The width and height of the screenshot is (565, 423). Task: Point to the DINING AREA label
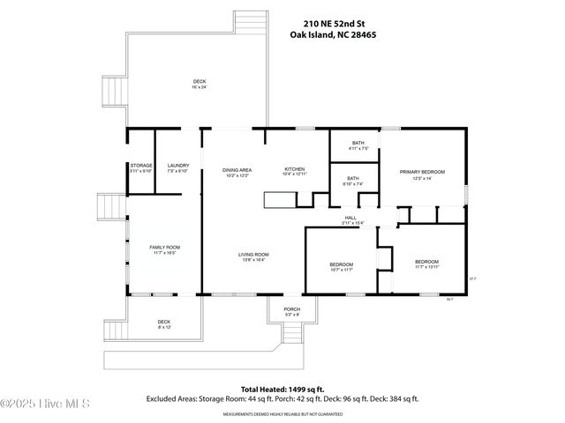point(237,171)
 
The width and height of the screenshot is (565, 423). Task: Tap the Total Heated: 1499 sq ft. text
point(282,389)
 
